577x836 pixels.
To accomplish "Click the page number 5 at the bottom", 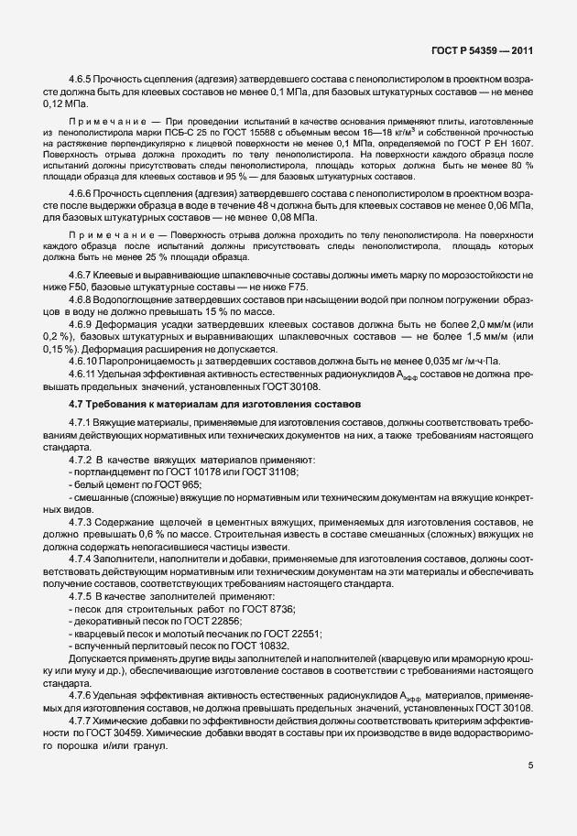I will click(x=530, y=765).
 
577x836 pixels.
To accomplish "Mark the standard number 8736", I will click(x=278, y=609).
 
